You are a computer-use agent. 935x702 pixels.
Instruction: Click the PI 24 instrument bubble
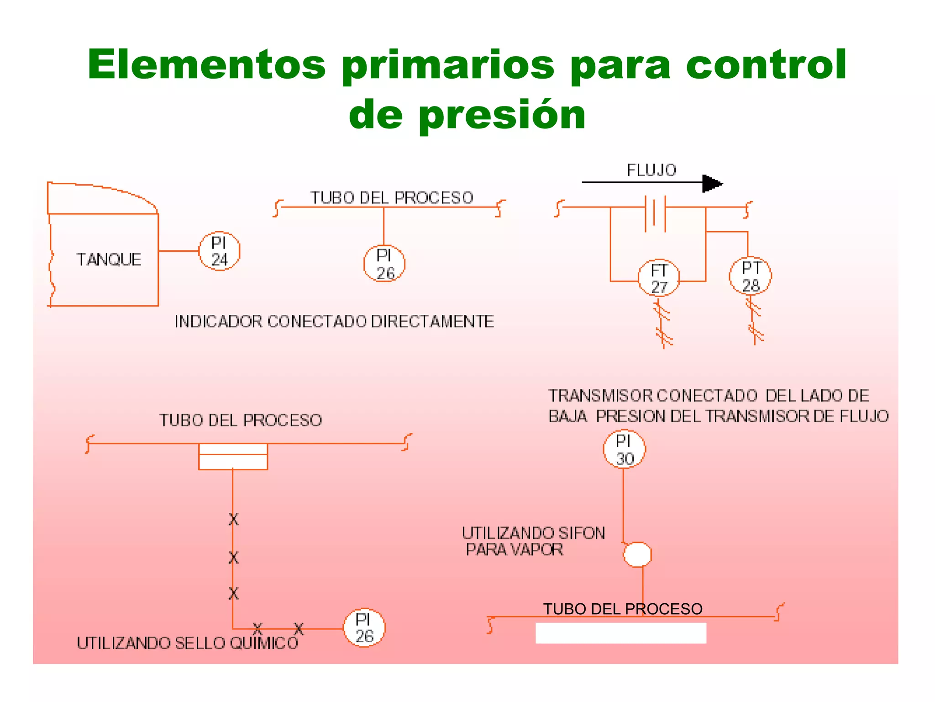click(x=219, y=251)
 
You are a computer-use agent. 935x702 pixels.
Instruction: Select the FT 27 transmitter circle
click(x=658, y=278)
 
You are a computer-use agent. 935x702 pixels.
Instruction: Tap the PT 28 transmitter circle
click(x=750, y=276)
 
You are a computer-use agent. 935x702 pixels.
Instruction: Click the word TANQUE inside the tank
click(x=109, y=260)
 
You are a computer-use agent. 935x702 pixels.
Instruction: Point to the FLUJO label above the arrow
click(x=651, y=170)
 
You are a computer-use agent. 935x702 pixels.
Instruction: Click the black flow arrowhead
click(x=711, y=183)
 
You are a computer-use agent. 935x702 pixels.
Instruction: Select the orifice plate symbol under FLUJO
click(x=655, y=213)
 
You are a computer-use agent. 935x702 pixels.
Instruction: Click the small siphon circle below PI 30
click(x=637, y=554)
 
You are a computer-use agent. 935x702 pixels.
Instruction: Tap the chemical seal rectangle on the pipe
click(x=233, y=457)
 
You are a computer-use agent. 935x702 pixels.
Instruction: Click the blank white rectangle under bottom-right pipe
click(x=620, y=633)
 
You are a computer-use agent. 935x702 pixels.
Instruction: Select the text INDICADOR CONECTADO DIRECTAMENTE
click(x=334, y=321)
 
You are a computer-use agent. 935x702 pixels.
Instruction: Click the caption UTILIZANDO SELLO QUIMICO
click(x=187, y=643)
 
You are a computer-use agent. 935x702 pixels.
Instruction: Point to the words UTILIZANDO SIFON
click(x=533, y=533)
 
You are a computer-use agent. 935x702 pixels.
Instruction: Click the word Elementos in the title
click(x=206, y=64)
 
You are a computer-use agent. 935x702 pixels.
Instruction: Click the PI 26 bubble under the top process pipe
click(x=384, y=264)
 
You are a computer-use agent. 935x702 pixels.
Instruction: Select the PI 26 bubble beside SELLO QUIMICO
click(x=364, y=628)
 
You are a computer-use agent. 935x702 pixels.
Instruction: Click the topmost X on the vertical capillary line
click(x=233, y=519)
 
